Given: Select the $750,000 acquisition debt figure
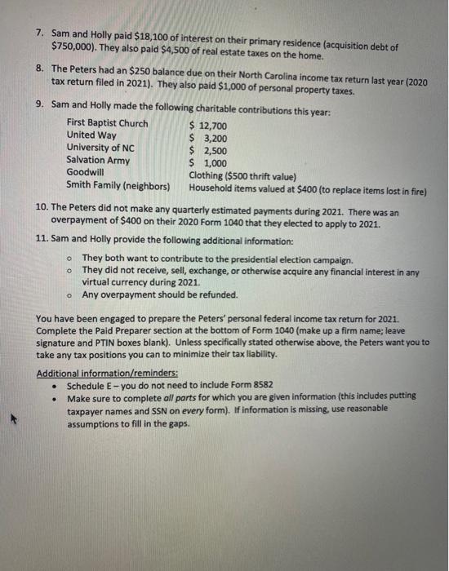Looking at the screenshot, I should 71,47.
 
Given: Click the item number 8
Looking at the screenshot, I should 41,69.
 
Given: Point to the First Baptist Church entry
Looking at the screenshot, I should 107,124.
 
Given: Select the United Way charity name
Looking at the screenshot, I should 91,135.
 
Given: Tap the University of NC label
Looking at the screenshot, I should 100,148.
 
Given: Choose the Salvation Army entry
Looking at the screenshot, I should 97,160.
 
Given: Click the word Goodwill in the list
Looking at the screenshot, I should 85,172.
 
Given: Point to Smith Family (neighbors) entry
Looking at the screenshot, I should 118,185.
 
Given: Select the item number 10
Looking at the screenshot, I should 43,208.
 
